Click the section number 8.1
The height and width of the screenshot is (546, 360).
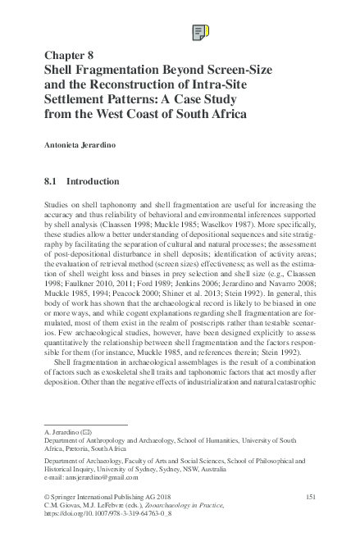coord(52,180)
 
